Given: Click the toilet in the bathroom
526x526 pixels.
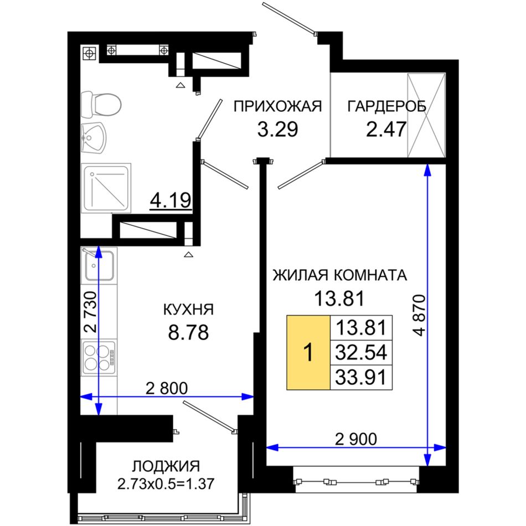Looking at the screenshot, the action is (x=101, y=104).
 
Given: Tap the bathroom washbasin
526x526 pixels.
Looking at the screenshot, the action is (x=94, y=137).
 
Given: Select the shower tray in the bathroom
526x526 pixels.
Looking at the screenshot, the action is (x=106, y=188).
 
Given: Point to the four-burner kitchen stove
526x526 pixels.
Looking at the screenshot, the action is (x=99, y=357).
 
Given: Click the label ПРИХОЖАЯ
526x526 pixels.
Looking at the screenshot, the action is (x=278, y=107).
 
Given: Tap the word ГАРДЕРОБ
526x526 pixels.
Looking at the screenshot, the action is (x=387, y=106).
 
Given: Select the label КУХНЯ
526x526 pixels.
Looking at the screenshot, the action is (x=188, y=310).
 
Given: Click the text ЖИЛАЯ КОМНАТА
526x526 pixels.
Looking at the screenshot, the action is (x=339, y=275).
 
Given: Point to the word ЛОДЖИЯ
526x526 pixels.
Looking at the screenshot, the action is (x=166, y=466).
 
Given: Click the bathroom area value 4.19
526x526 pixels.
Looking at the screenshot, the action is (x=171, y=200).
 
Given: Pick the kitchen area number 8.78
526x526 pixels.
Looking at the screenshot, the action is (x=188, y=332).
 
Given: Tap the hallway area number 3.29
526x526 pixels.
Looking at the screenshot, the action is (x=278, y=129).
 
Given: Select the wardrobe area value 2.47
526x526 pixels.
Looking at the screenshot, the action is (x=386, y=129).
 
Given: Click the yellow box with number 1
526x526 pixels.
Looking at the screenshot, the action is (x=308, y=353).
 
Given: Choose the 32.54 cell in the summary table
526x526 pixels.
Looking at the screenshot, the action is (x=362, y=352).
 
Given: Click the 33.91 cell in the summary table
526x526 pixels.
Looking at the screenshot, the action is (x=362, y=378).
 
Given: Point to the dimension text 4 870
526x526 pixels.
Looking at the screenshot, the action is (x=419, y=316).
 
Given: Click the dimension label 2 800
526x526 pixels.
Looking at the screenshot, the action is (x=167, y=388).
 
